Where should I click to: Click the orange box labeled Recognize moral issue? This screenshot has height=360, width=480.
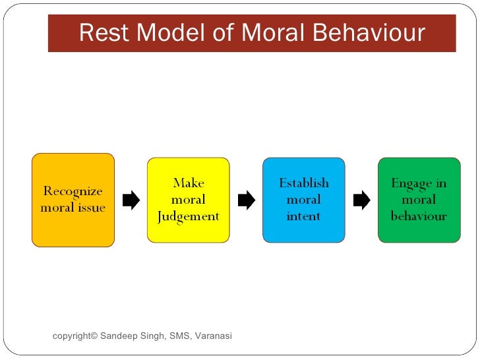click(73, 200)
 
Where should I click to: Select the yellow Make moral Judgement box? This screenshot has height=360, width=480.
click(189, 200)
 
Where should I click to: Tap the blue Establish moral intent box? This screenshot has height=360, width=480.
click(303, 200)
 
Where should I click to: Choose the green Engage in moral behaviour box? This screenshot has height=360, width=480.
click(419, 200)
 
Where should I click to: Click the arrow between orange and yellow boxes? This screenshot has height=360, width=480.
click(131, 200)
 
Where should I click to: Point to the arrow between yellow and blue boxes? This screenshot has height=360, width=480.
click(246, 200)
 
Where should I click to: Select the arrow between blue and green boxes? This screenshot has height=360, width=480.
click(361, 200)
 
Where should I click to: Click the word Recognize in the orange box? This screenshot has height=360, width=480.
click(73, 191)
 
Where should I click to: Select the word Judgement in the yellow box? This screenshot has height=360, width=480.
click(189, 216)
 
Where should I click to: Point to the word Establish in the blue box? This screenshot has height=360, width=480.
click(303, 183)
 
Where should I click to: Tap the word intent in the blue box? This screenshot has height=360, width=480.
click(303, 216)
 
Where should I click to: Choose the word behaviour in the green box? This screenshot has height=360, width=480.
click(419, 216)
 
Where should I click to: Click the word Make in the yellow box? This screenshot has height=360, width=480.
click(189, 183)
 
